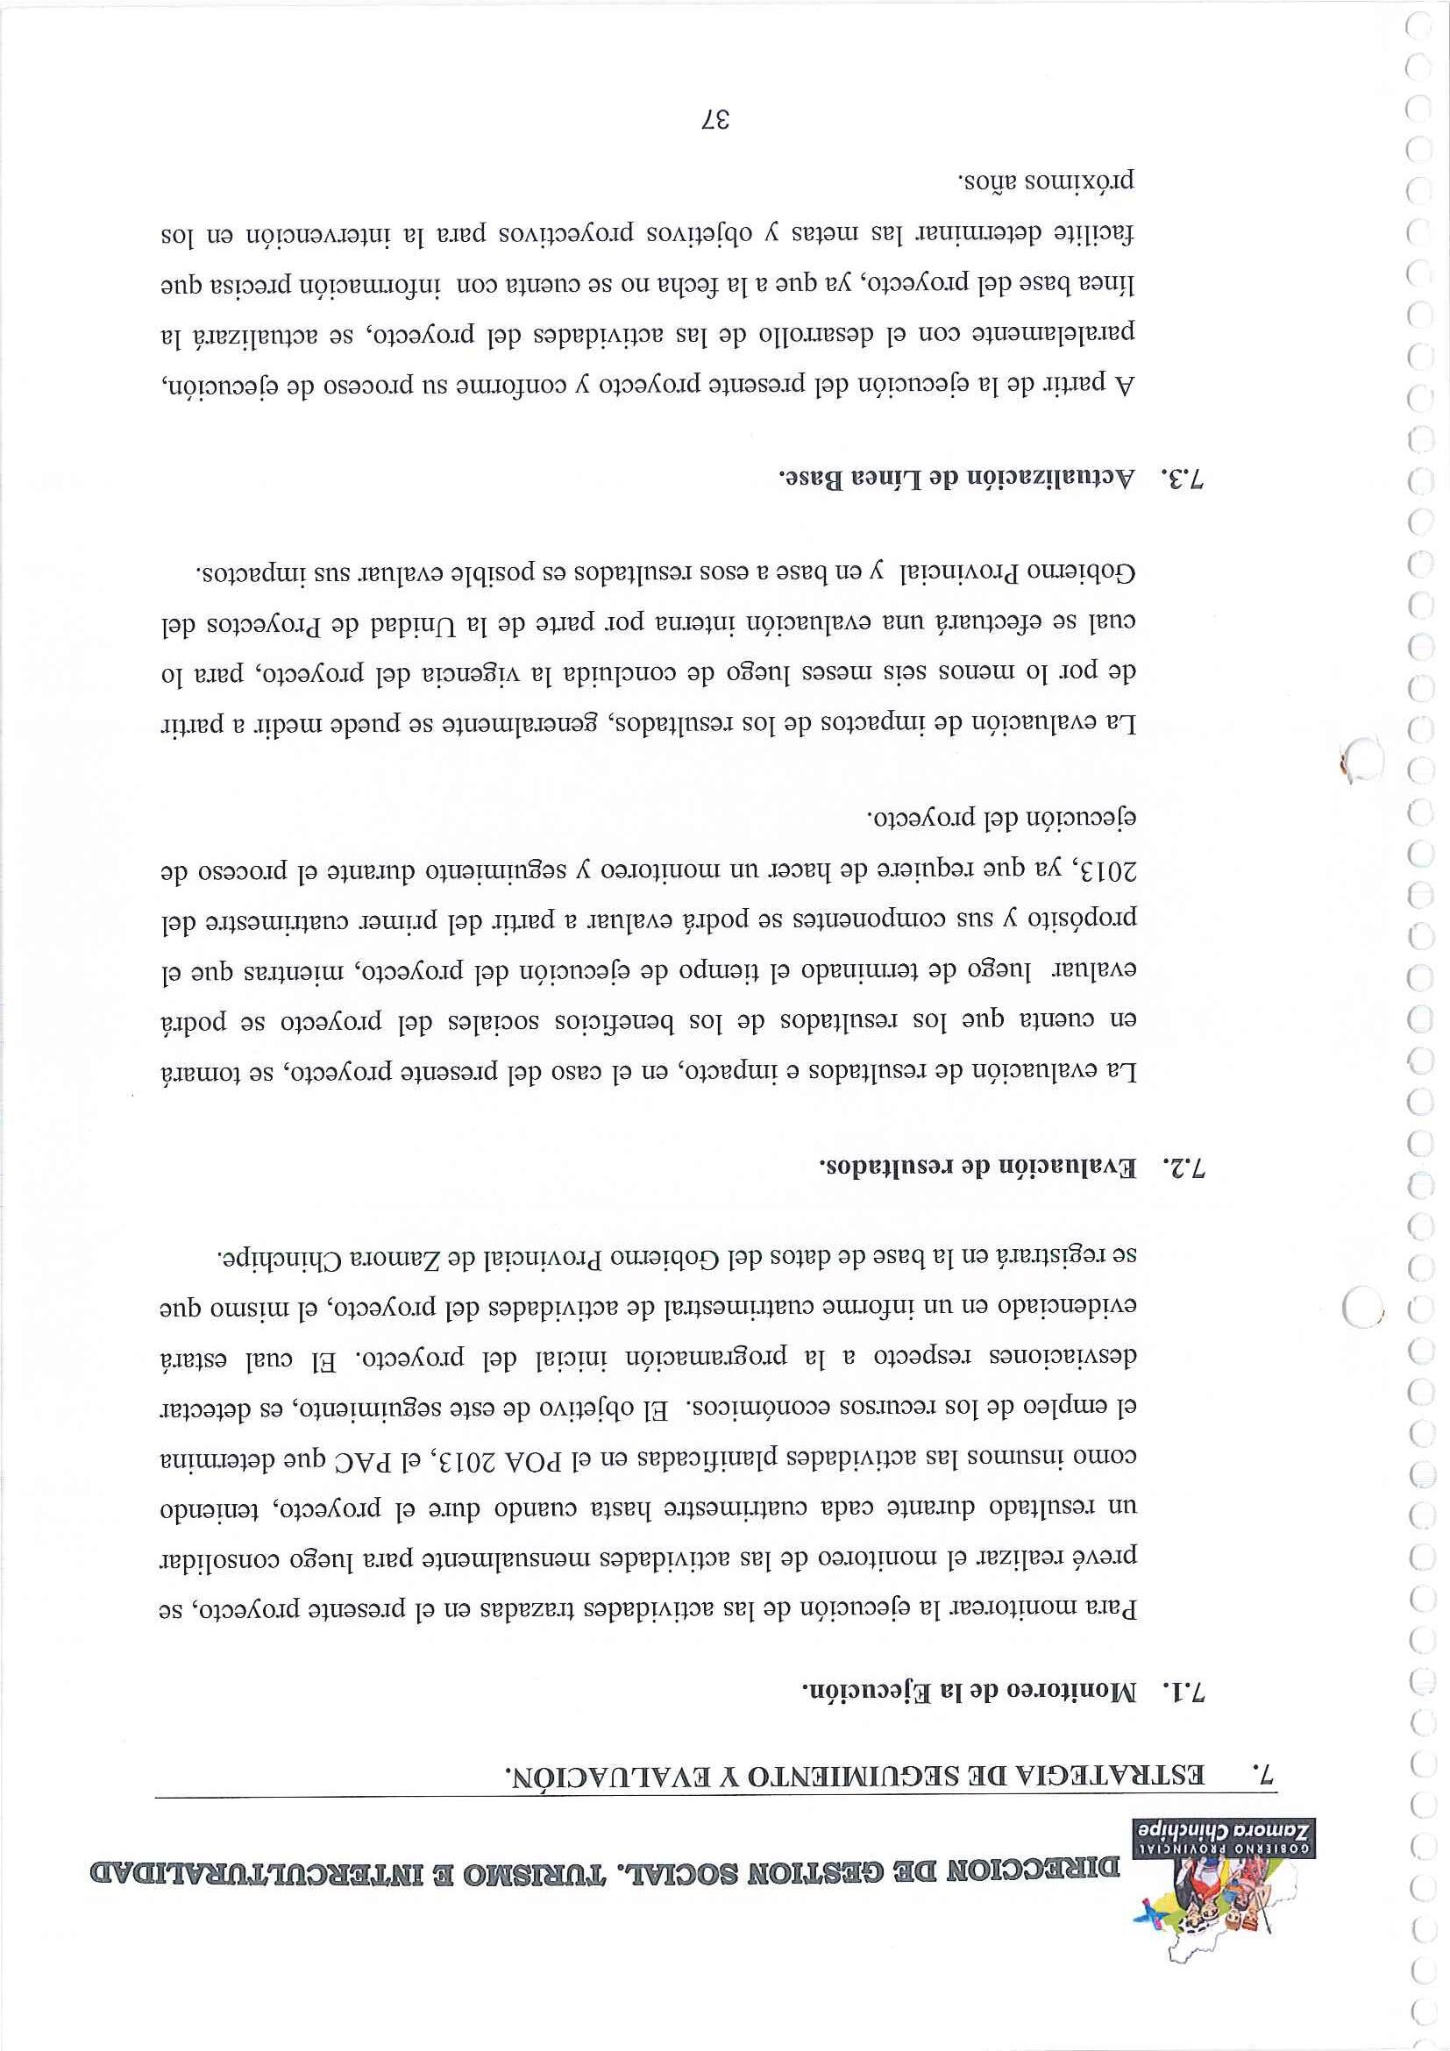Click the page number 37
point(716,123)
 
